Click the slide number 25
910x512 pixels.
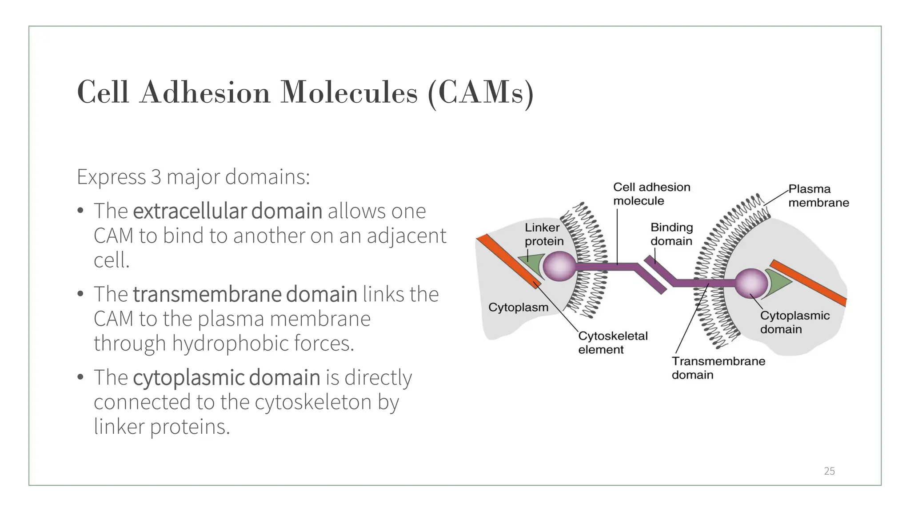pyautogui.click(x=829, y=471)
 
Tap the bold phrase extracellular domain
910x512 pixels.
pyautogui.click(x=227, y=211)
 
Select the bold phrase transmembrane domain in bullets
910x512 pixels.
pyautogui.click(x=245, y=294)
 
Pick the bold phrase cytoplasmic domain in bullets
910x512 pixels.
pyautogui.click(x=226, y=377)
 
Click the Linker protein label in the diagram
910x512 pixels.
pyautogui.click(x=543, y=234)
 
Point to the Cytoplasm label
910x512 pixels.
pyautogui.click(x=518, y=307)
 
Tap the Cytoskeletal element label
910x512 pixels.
pyautogui.click(x=612, y=342)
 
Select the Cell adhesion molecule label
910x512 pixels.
pyautogui.click(x=651, y=194)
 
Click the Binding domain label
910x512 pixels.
pyautogui.click(x=671, y=234)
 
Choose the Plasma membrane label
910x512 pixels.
pyautogui.click(x=818, y=196)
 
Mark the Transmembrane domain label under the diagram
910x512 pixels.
pyautogui.click(x=718, y=368)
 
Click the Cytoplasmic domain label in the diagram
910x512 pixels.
pyautogui.click(x=794, y=322)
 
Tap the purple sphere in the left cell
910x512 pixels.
pyautogui.click(x=559, y=266)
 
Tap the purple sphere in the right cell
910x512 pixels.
pyautogui.click(x=750, y=283)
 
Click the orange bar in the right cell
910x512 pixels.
pyautogui.click(x=809, y=283)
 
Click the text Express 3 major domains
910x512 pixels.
pyautogui.click(x=193, y=176)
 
